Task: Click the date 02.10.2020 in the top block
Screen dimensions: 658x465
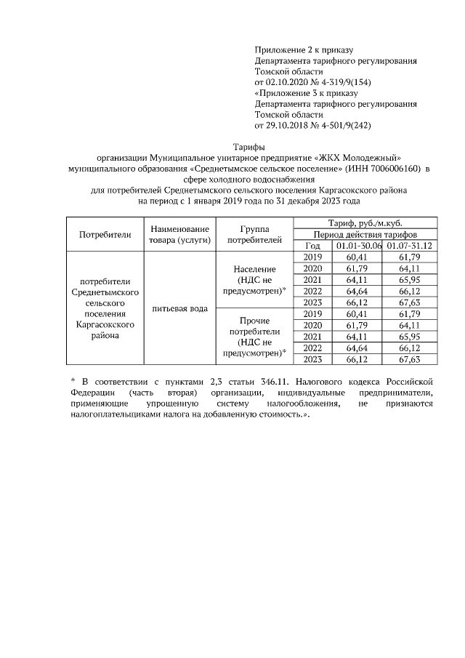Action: [x=290, y=81]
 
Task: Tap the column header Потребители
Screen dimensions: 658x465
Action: [x=105, y=234]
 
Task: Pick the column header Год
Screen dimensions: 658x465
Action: [x=312, y=246]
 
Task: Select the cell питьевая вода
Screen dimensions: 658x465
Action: [x=179, y=308]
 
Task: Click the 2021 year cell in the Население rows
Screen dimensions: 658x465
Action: [x=312, y=280]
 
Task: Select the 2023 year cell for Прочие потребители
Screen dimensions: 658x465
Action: [x=312, y=359]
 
